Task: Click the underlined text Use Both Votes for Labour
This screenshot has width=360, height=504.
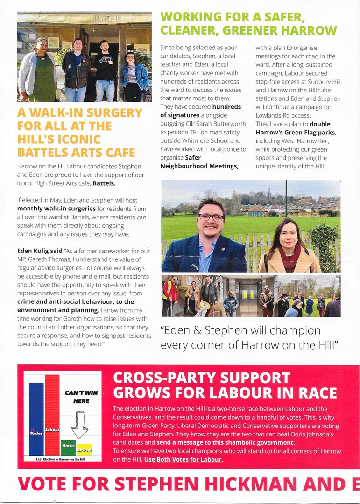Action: pos(183,460)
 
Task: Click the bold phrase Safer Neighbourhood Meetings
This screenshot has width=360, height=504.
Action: pos(199,162)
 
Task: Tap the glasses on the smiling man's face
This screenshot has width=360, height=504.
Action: pos(211,217)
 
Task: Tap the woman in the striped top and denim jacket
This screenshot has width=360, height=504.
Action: pos(132,77)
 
